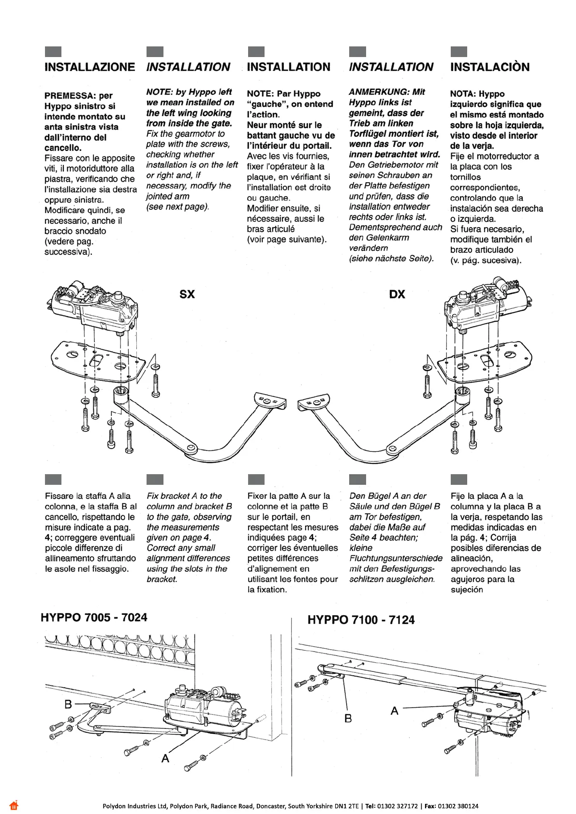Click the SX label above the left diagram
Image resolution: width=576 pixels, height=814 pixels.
187,294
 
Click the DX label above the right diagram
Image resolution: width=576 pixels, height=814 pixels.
397,294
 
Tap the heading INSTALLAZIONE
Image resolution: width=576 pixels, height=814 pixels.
89,67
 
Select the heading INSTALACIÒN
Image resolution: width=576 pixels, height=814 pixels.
490,67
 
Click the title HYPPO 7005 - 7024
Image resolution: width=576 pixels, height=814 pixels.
94,617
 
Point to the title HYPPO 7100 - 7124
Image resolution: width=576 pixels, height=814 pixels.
361,620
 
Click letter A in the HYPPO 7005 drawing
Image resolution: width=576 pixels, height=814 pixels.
165,758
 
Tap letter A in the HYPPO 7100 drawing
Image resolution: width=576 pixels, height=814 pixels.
395,711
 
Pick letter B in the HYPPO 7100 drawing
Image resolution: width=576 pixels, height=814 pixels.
348,719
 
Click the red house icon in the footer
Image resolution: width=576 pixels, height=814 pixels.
14,805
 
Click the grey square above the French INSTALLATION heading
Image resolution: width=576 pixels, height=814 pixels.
256,52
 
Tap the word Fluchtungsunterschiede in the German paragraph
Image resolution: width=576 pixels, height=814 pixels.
396,558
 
